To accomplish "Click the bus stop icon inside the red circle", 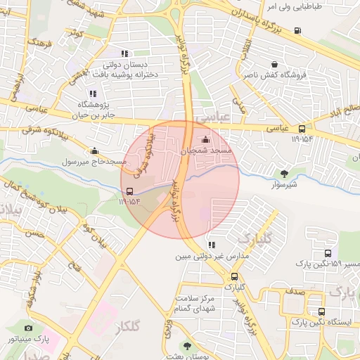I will coord(129,191).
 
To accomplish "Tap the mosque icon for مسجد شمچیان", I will coord(205,139).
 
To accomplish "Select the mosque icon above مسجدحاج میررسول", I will coord(95,150).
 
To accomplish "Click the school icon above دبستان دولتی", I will coord(124,53).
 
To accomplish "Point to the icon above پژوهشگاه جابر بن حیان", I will coord(91,94).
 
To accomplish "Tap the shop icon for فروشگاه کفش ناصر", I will coord(274,64).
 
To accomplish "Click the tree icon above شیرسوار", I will coord(284,174).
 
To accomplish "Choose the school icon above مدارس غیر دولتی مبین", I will coord(212,245).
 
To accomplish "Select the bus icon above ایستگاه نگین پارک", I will coord(322,311).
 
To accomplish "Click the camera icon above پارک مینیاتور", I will coord(28,328).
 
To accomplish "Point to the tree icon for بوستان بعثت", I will coord(187,346).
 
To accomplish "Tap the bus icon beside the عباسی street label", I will coord(302,129).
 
